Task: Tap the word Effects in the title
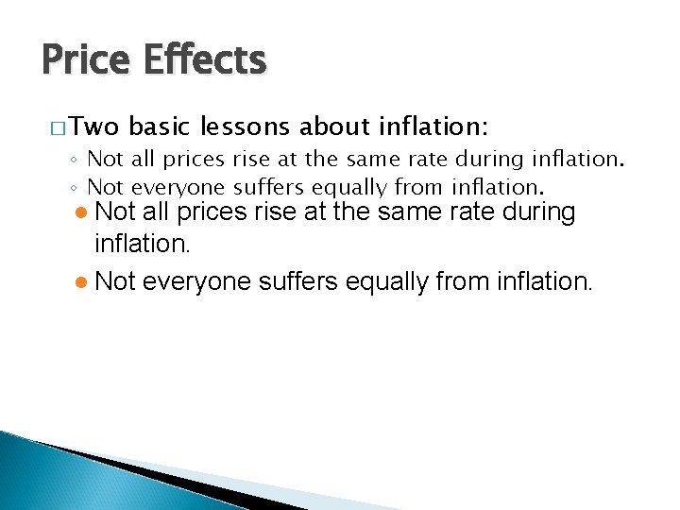(205, 61)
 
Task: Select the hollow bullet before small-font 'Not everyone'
(76, 188)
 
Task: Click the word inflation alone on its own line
(143, 246)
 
